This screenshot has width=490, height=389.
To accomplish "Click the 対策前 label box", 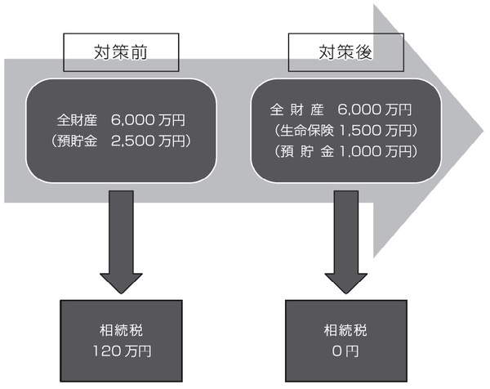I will [120, 53].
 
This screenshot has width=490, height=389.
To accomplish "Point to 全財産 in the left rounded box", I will [78, 120].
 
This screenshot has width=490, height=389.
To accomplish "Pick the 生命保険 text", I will [309, 130].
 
